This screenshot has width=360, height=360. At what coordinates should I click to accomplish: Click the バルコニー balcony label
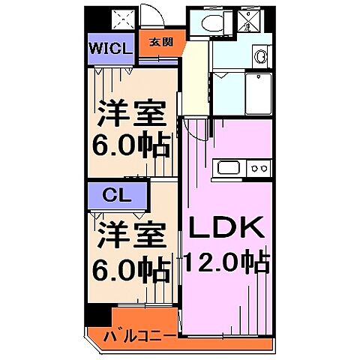tap(140, 334)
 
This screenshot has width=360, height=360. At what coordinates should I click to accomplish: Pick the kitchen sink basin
tap(227, 168)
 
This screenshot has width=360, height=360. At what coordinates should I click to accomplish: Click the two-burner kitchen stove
tap(259, 168)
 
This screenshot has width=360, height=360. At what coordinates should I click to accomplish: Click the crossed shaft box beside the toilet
tap(245, 22)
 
